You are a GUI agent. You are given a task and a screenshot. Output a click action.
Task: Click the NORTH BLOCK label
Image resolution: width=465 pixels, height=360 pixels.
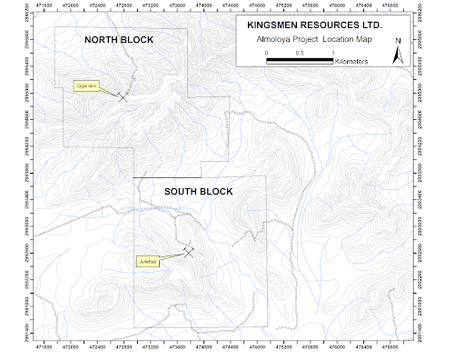click(x=119, y=41)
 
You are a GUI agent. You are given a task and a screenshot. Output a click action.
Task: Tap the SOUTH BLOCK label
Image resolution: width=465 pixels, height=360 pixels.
click(x=198, y=191)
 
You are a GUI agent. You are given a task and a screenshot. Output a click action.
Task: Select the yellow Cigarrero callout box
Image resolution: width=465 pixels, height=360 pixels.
click(x=86, y=86)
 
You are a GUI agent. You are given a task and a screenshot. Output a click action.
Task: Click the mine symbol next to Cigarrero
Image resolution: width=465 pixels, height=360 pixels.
click(x=123, y=95)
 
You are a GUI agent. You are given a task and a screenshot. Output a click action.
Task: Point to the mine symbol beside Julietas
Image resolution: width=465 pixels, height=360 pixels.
click(x=189, y=252)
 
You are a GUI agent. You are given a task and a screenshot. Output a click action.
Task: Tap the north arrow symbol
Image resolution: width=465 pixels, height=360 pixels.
click(x=396, y=54)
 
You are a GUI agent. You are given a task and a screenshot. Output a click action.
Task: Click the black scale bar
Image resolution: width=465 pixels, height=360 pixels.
click(x=301, y=61)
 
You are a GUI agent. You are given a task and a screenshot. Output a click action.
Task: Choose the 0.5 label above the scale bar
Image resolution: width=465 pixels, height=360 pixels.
click(x=301, y=54)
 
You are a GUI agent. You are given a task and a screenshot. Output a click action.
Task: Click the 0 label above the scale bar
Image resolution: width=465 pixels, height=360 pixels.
click(x=267, y=54)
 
